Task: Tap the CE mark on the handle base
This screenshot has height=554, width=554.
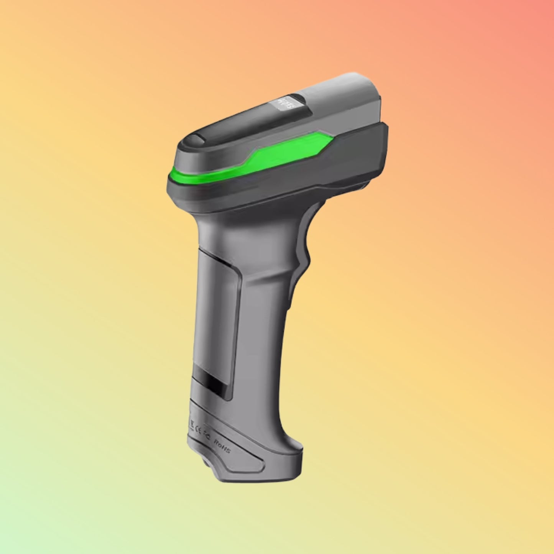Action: pos(199,431)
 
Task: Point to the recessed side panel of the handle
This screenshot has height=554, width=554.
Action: pos(217,307)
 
